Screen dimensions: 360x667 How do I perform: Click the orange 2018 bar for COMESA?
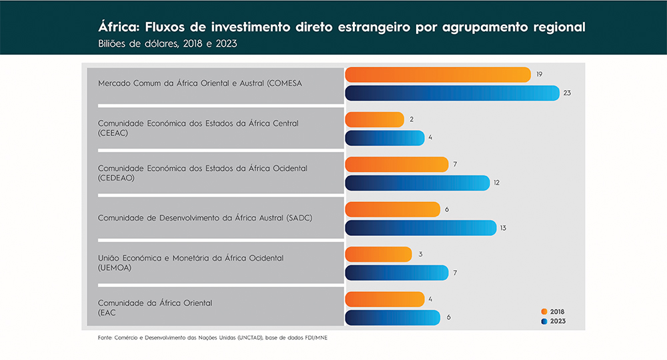pyautogui.click(x=438, y=75)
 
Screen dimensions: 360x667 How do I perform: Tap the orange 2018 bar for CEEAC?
pyautogui.click(x=374, y=119)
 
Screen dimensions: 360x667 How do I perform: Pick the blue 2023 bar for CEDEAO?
pyautogui.click(x=418, y=183)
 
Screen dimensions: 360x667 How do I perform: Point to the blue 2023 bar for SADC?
pyautogui.click(x=421, y=228)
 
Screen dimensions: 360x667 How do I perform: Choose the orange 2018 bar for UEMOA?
pyautogui.click(x=379, y=255)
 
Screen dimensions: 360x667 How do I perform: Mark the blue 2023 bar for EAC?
pyautogui.click(x=392, y=317)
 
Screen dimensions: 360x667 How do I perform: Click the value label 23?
pyautogui.click(x=567, y=93)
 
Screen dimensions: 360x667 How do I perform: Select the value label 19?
pyautogui.click(x=539, y=74)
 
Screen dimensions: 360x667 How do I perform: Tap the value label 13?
pyautogui.click(x=503, y=228)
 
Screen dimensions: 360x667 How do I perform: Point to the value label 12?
pyautogui.click(x=497, y=183)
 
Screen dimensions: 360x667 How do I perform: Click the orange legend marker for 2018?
pyautogui.click(x=544, y=311)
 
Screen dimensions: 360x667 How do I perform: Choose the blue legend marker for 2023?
pyautogui.click(x=544, y=321)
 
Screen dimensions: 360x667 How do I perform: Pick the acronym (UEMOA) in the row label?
pyautogui.click(x=114, y=267)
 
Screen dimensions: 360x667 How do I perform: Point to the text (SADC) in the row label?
pyautogui.click(x=298, y=218)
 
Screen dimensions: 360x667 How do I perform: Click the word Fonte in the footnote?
pyautogui.click(x=105, y=338)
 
